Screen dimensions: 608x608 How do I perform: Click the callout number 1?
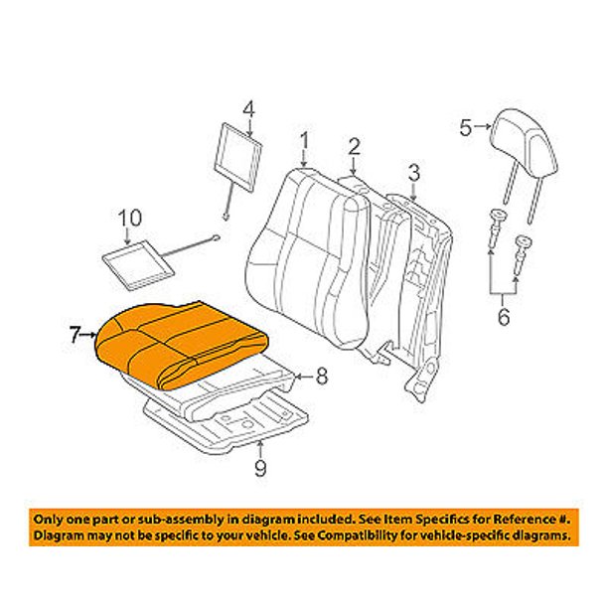(306, 141)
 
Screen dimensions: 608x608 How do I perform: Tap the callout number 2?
(353, 149)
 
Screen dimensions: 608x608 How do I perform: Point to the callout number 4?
(248, 108)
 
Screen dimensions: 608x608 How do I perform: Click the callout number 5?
(466, 126)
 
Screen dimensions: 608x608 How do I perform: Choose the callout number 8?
(320, 376)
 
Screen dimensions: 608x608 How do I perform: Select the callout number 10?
(130, 218)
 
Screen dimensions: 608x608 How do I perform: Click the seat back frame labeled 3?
(417, 268)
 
